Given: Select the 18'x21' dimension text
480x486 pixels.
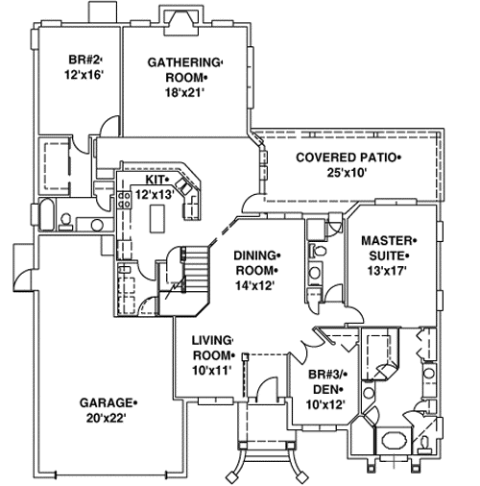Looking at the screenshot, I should pos(183,93).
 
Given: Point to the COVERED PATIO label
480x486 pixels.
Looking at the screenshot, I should pos(346,156).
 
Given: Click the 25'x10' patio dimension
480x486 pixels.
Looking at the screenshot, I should pos(346,172).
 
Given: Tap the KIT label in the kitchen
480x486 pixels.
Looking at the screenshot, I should pos(156,180).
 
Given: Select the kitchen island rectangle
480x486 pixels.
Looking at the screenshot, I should pos(156,220).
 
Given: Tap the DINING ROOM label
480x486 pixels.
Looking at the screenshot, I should pos(256,262).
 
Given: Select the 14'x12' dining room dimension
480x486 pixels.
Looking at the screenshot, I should pos(256,285).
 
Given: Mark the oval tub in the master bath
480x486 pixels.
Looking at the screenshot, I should pos(394,443).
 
